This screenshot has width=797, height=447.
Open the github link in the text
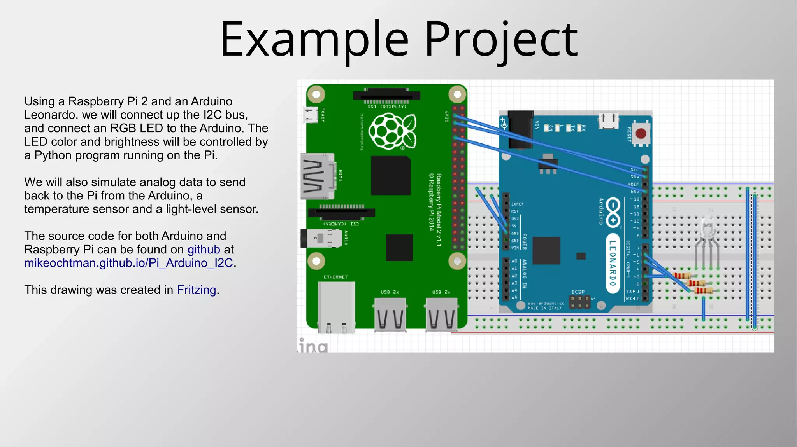204,250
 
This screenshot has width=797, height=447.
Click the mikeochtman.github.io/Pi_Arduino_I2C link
128,263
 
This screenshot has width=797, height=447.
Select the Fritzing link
197,290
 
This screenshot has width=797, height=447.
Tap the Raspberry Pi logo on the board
392,131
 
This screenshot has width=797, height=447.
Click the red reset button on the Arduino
641,134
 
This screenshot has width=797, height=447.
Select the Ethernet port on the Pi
336,307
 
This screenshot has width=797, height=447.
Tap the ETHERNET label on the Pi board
335,277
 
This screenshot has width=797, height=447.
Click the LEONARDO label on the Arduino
613,263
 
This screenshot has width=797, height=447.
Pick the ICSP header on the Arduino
579,302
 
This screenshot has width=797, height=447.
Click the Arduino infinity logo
613,212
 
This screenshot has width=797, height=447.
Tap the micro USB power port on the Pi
310,115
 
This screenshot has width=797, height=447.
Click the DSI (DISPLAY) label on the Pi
387,107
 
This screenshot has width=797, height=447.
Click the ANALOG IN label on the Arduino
524,274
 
